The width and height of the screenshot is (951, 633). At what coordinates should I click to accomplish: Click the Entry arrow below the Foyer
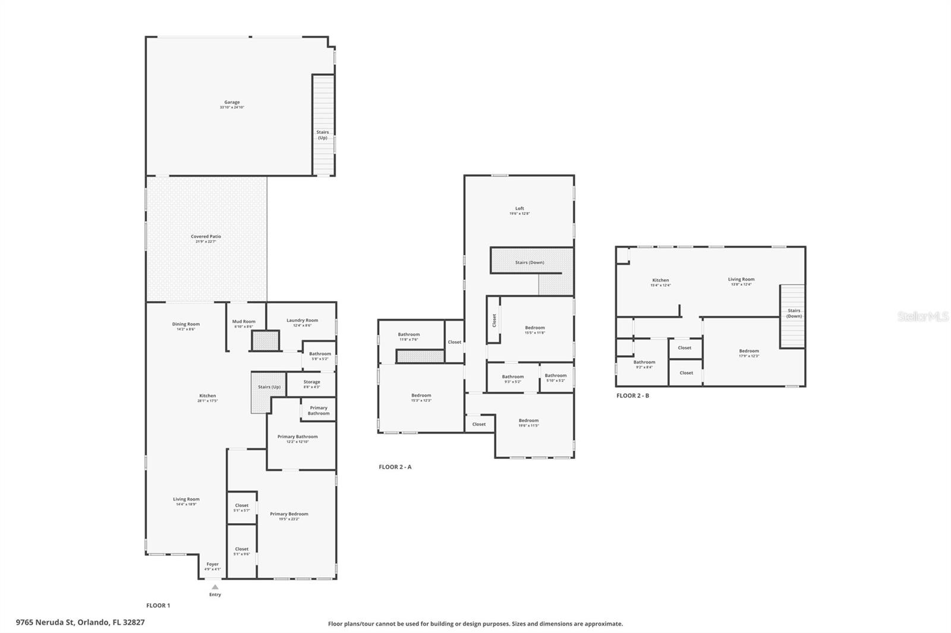pos(215,587)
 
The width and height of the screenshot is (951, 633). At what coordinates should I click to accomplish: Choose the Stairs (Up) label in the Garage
pos(322,135)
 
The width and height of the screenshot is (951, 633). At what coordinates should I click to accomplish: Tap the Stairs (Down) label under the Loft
pos(529,262)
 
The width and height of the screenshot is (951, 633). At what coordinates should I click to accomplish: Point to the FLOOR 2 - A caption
pos(395,467)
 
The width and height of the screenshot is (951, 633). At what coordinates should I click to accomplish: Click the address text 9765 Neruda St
pos(80,622)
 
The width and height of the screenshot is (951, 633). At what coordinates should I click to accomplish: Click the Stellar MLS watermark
pos(922,316)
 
